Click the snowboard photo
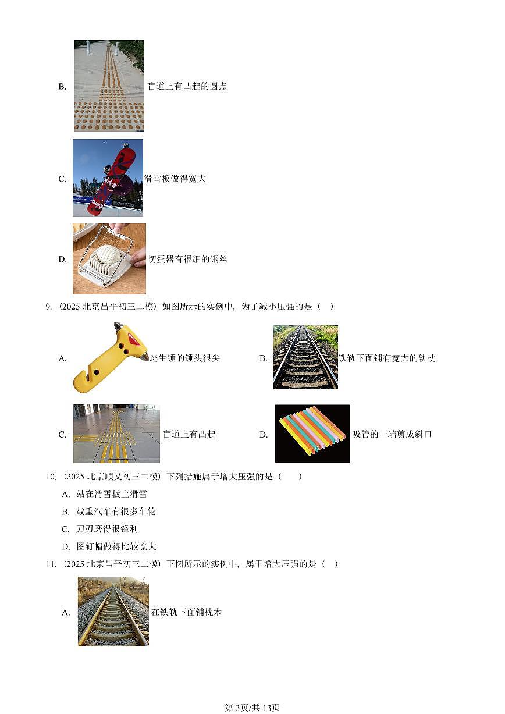[x=108, y=178]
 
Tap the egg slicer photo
[x=109, y=259]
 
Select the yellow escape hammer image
[x=110, y=357]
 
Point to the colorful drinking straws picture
[x=312, y=434]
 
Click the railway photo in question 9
[x=305, y=357]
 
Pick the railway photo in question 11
[x=113, y=612]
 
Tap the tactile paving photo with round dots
[x=109, y=86]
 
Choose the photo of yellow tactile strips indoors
[x=116, y=434]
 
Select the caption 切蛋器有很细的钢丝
[x=187, y=260]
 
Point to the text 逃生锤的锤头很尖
[x=185, y=358]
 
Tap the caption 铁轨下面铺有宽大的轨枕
[x=387, y=358]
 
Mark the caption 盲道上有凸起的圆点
[x=187, y=86]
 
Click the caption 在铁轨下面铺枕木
[x=186, y=612]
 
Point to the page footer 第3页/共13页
[x=252, y=708]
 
